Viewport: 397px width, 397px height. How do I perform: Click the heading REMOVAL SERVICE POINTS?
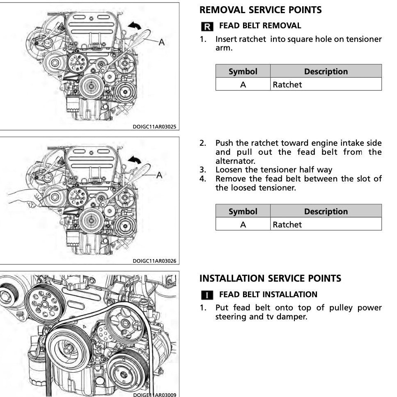click(x=260, y=10)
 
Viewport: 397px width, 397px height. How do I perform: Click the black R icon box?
click(x=207, y=27)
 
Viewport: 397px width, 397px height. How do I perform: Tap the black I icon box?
click(x=207, y=295)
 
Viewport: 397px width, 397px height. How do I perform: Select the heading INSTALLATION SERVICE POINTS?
click(x=270, y=278)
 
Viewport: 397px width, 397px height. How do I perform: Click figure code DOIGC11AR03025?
click(x=154, y=127)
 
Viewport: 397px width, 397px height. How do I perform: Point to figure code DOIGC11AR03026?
click(x=154, y=261)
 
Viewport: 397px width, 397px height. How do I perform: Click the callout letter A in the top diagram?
click(x=161, y=41)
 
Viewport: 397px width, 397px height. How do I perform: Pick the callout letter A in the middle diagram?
click(x=159, y=175)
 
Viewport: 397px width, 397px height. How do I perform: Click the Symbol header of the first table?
click(x=243, y=71)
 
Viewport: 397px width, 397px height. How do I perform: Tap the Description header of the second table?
click(x=326, y=211)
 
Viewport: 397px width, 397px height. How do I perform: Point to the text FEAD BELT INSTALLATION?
click(x=268, y=294)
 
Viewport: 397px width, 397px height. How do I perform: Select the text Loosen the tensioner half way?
click(x=274, y=170)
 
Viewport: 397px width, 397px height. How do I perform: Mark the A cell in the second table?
click(x=243, y=225)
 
